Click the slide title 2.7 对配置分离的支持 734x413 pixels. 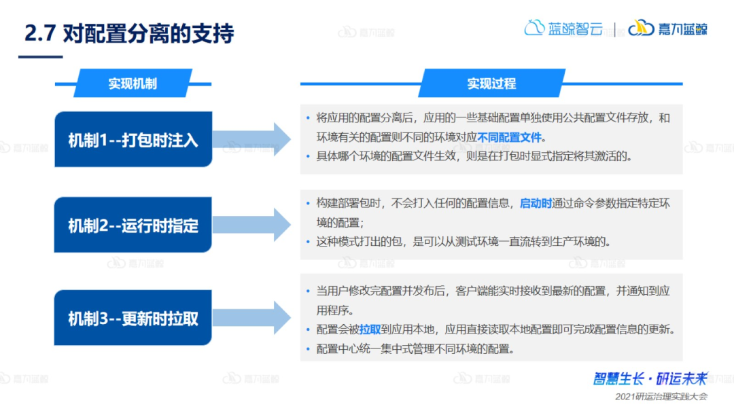(129, 33)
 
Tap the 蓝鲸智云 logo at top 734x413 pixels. (563, 29)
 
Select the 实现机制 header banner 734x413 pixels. (133, 84)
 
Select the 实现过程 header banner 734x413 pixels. (491, 84)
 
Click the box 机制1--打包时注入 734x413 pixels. (133, 140)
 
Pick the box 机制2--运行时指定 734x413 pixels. (133, 225)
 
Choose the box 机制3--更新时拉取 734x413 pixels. (133, 318)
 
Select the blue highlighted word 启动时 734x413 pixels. (536, 203)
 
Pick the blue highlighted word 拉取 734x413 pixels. (370, 330)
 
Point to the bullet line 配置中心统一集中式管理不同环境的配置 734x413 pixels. (415, 349)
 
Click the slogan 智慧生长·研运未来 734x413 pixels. (650, 379)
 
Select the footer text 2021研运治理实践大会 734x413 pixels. (661, 397)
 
